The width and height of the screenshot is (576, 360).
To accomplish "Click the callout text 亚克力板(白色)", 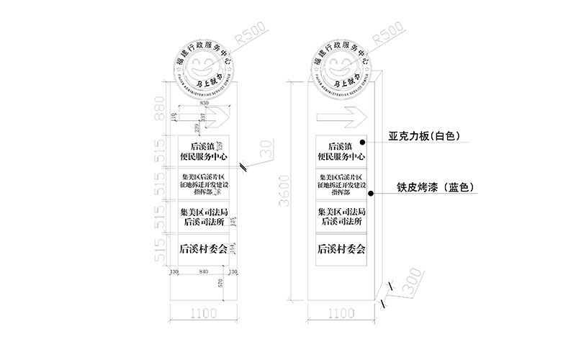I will pos(425,135).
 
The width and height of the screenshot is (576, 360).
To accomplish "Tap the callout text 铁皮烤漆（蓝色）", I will pos(434,188).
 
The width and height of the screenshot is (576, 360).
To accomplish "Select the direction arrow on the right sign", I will pos(343,114).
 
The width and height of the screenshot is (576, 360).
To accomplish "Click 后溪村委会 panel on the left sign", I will pos(203,249).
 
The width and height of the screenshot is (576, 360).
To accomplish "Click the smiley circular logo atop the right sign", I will pos(341,68).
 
